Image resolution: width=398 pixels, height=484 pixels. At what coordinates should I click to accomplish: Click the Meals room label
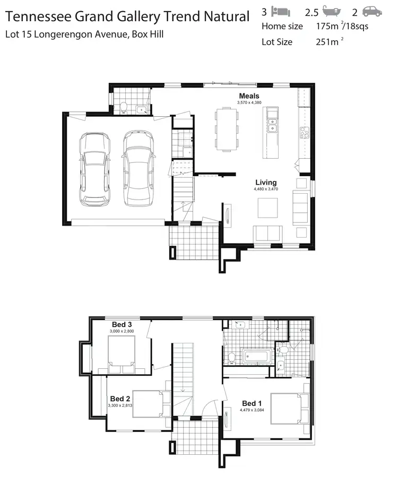pyautogui.click(x=248, y=96)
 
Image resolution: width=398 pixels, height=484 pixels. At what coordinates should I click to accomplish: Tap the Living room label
pyautogui.click(x=266, y=183)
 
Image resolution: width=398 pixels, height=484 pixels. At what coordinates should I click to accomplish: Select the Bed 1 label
pyautogui.click(x=252, y=403)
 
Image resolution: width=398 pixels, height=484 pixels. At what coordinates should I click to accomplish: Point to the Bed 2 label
pyautogui.click(x=120, y=399)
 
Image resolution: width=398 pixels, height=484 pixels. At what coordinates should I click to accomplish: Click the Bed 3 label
pyautogui.click(x=122, y=325)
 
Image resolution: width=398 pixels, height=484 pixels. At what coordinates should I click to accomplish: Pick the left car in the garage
pyautogui.click(x=95, y=169)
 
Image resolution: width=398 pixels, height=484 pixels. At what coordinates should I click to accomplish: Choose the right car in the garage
pyautogui.click(x=139, y=169)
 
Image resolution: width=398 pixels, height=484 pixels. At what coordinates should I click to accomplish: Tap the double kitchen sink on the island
pyautogui.click(x=272, y=126)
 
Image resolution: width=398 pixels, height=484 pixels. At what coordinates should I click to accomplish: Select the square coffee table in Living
pyautogui.click(x=267, y=208)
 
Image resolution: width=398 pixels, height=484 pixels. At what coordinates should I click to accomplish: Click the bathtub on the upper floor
pyautogui.click(x=257, y=356)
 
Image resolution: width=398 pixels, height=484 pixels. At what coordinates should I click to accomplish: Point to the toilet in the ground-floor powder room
pyautogui.click(x=123, y=108)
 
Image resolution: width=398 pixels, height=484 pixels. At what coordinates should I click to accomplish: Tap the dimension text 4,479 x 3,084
pyautogui.click(x=252, y=410)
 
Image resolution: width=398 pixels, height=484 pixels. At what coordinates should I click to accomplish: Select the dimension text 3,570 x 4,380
pyautogui.click(x=249, y=102)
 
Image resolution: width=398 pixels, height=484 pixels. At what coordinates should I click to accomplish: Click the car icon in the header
pyautogui.click(x=372, y=11)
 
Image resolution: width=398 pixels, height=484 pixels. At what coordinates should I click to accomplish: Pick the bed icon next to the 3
pyautogui.click(x=280, y=11)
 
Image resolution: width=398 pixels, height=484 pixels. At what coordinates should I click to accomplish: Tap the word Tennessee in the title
pyautogui.click(x=40, y=16)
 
